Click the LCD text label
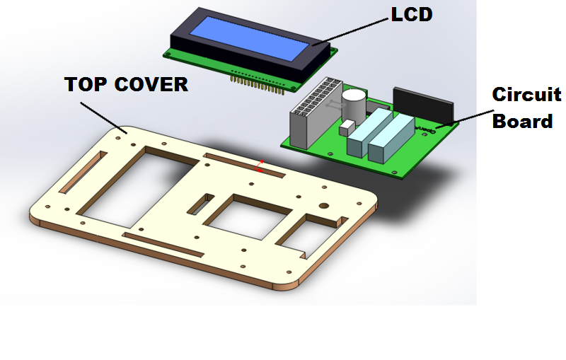412,14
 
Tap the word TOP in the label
86,84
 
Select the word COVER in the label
151,84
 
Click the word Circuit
526,95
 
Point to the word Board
522,121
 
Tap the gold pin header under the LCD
258,85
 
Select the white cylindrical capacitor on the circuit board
354,105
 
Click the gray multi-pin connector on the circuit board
316,112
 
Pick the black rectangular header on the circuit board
423,105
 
